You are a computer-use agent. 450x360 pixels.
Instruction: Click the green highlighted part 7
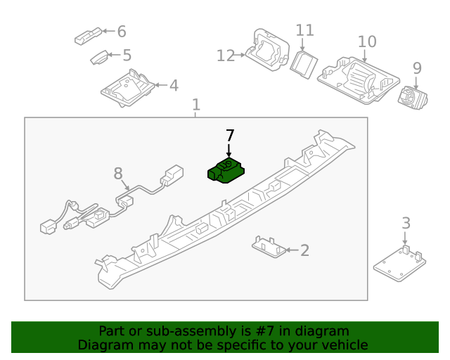224,171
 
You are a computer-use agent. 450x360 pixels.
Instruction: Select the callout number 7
229,135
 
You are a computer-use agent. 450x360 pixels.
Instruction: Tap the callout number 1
196,105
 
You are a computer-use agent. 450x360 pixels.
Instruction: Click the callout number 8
118,172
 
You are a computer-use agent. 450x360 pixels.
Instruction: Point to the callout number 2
304,250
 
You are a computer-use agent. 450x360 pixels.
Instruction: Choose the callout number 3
406,224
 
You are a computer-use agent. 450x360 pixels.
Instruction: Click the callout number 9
417,68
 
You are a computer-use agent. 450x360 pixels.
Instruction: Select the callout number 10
367,41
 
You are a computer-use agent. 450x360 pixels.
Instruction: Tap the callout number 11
304,30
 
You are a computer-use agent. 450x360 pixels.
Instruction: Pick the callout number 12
225,56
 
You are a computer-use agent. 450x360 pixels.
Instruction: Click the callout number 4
173,86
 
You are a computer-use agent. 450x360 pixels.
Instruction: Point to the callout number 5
127,55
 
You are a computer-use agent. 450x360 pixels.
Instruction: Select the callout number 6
121,31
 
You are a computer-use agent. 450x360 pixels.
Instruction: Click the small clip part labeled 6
87,37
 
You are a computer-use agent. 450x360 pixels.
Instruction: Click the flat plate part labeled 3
399,262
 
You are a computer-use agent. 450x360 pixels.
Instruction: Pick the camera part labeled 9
409,96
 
